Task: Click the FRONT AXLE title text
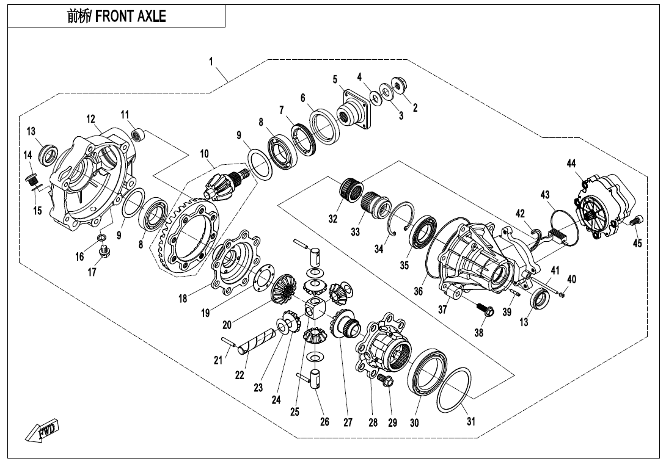coord(116,16)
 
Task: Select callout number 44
coord(571,163)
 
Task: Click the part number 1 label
coord(211,62)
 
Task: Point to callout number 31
coord(471,422)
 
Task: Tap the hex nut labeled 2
coord(401,85)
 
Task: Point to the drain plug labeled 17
coord(105,250)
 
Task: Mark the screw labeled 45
coord(635,221)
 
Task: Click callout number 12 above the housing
coord(90,119)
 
